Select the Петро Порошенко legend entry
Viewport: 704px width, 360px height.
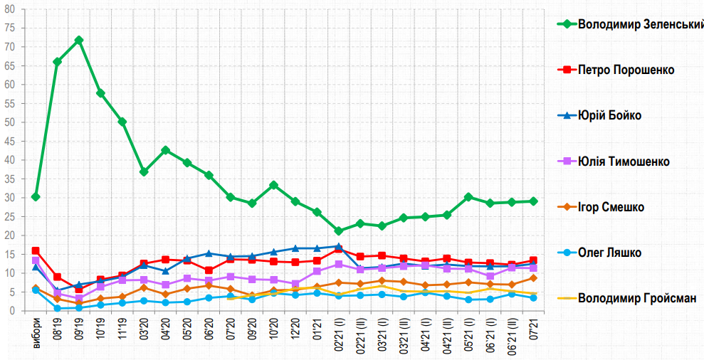[x=626, y=70]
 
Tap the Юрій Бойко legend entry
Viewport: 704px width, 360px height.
[x=609, y=115]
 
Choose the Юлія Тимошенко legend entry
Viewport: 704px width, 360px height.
[x=624, y=162]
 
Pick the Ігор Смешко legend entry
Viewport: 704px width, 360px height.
[x=611, y=207]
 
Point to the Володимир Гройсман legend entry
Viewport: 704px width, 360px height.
[x=636, y=298]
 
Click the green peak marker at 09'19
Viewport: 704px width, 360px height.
[x=79, y=40]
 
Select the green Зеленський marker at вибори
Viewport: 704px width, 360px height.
[x=36, y=196]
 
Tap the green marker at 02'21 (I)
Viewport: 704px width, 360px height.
[x=339, y=231]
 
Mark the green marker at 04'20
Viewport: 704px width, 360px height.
[x=166, y=150]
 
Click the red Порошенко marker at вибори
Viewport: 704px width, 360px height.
[x=36, y=250]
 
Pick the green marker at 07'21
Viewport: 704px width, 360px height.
[x=534, y=201]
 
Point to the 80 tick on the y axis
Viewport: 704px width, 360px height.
[x=9, y=9]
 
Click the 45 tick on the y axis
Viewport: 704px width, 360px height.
[x=9, y=141]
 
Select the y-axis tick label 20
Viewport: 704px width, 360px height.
[x=9, y=235]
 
